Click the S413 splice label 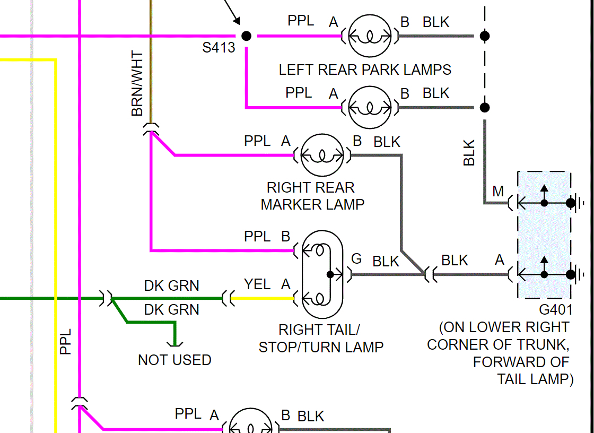pos(219,48)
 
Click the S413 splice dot pos(246,36)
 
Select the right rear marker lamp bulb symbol pos(322,155)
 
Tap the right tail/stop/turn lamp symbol pos(322,274)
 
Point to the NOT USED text pos(174,360)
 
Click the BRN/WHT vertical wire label pos(137,84)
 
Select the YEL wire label pos(257,284)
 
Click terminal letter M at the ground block pos(498,191)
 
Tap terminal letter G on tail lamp pos(356,259)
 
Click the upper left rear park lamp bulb pos(370,36)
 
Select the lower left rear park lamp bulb pos(370,108)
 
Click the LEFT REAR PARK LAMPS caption pos(365,70)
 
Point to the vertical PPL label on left pos(65,342)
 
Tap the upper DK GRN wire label pos(172,286)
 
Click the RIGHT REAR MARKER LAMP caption pos(312,196)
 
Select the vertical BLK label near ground pos(469,153)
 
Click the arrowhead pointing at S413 pos(236,21)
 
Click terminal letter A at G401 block pos(500,260)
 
